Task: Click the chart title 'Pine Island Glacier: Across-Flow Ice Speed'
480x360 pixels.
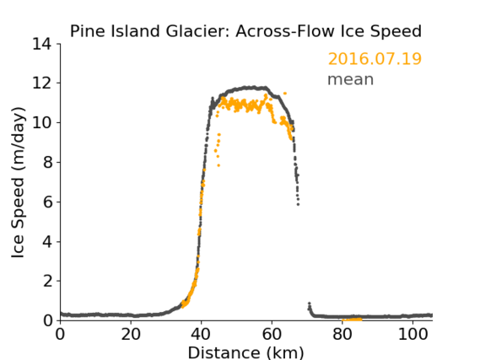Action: (x=245, y=31)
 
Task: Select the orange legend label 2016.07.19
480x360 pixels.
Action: (x=375, y=59)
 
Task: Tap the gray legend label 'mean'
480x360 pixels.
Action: (x=351, y=79)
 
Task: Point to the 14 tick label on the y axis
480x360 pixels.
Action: (x=42, y=45)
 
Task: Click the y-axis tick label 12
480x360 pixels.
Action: (x=42, y=83)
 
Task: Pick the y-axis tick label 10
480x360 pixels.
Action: (x=42, y=123)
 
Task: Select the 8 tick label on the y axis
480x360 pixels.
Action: (x=47, y=163)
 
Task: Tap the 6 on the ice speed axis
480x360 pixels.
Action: (x=47, y=202)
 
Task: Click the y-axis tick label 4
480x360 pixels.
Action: (x=47, y=242)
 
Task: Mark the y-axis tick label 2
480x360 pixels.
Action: (x=47, y=281)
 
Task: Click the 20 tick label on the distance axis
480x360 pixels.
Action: (x=131, y=334)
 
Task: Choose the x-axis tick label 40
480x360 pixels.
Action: (x=201, y=334)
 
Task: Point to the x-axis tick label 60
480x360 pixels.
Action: (x=272, y=334)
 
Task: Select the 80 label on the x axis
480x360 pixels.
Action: (x=342, y=334)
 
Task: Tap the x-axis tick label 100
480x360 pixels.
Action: (x=413, y=334)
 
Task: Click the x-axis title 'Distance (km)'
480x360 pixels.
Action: (x=245, y=352)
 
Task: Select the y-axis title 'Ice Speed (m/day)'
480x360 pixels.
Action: (x=18, y=182)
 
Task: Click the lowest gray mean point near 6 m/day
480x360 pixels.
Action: (x=298, y=204)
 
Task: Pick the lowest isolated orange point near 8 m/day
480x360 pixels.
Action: (x=218, y=165)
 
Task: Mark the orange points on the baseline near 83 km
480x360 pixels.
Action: (x=352, y=320)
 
